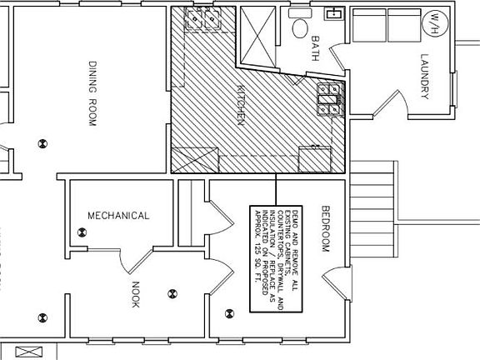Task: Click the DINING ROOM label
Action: pyautogui.click(x=94, y=92)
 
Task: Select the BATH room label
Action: pyautogui.click(x=316, y=42)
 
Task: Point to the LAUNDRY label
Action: pyautogui.click(x=423, y=77)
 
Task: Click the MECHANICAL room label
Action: pyautogui.click(x=118, y=216)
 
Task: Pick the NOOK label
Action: pyautogui.click(x=137, y=294)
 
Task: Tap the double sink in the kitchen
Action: pyautogui.click(x=202, y=19)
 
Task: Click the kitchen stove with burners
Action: pyautogui.click(x=328, y=98)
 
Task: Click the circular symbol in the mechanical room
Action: pyautogui.click(x=82, y=235)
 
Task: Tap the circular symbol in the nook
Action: pyautogui.click(x=172, y=292)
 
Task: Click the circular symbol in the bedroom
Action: pyautogui.click(x=230, y=314)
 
